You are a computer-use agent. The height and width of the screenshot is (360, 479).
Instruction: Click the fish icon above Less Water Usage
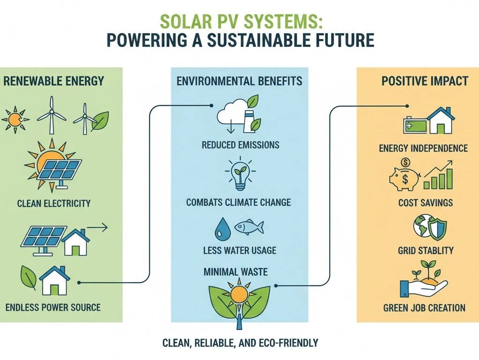[249, 227]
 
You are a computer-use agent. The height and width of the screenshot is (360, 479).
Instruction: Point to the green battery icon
[415, 125]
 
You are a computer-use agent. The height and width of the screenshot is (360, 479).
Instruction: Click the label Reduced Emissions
[240, 145]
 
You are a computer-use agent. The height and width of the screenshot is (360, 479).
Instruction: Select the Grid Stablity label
[426, 251]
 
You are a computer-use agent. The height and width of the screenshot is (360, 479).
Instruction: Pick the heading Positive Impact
[425, 81]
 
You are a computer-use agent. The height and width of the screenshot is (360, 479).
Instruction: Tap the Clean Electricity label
[54, 203]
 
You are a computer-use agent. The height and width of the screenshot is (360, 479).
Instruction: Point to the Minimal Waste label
[236, 272]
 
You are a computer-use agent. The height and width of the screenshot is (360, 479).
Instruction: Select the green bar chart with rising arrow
[438, 175]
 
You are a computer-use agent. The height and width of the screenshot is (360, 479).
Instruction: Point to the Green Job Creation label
[424, 307]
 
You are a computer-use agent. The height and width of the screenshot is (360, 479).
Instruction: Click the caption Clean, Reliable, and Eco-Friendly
[240, 343]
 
